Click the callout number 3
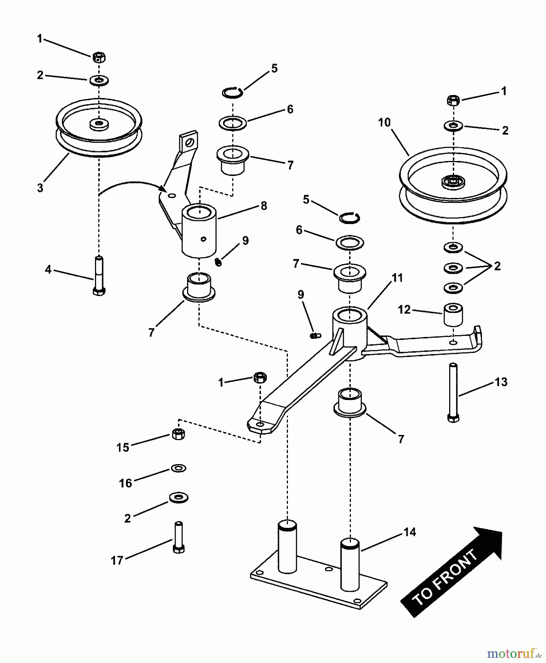pos(40,187)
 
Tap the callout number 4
pos(48,270)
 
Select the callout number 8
pos(264,206)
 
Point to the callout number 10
pos(384,122)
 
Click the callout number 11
pos(397,278)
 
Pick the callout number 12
pos(404,310)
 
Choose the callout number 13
pos(501,382)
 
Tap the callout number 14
pos(409,532)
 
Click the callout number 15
pos(123,448)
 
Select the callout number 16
pos(126,483)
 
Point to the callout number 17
pos(117,561)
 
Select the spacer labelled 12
pos(453,315)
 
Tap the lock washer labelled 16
pos(179,468)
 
